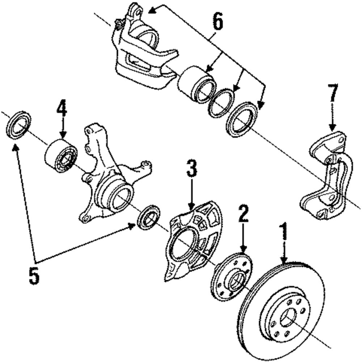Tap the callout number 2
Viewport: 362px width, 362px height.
(243, 214)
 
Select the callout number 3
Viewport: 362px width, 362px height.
(191, 169)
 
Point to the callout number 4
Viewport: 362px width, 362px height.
(62, 108)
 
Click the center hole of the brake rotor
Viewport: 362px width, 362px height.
(288, 318)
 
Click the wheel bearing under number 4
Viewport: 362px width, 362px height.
(61, 155)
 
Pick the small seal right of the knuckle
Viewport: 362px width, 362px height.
(149, 217)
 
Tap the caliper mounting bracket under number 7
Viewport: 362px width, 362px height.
(327, 174)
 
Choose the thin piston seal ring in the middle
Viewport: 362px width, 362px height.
(221, 103)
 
